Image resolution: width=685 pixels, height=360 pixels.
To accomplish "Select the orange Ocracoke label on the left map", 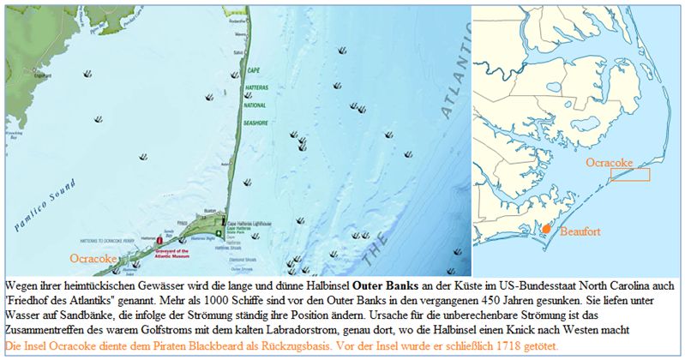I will [x=93, y=257].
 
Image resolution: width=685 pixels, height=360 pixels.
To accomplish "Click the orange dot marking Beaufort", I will [x=546, y=229].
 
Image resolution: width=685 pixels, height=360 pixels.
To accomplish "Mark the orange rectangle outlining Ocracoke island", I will [x=629, y=174].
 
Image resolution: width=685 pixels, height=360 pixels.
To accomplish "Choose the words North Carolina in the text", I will [x=630, y=284].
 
